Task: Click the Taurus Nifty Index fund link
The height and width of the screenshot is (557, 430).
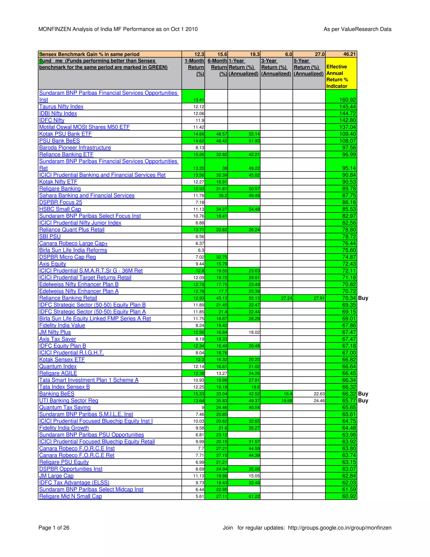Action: [x=61, y=107]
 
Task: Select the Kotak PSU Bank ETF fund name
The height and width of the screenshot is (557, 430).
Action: [x=65, y=134]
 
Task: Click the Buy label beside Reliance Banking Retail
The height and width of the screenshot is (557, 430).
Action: [x=363, y=298]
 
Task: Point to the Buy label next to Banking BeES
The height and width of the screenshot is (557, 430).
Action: [x=363, y=393]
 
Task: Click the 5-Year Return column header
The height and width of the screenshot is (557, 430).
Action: [x=308, y=67]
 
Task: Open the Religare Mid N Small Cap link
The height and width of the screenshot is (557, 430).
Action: [x=70, y=496]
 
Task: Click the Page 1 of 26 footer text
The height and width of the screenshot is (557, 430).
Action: [x=54, y=528]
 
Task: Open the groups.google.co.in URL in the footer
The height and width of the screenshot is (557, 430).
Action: [x=340, y=528]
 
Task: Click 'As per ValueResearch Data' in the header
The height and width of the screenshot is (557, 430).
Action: [x=357, y=29]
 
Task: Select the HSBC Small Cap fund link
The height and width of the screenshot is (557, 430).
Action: [x=60, y=209]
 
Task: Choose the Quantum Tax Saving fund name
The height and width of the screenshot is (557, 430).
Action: [x=65, y=407]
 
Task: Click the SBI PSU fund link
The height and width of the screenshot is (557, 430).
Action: [x=50, y=236]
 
